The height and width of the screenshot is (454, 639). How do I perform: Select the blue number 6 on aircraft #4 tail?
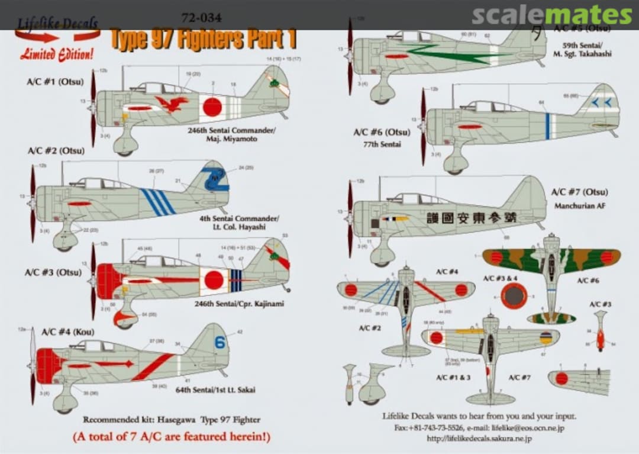coord(220,343)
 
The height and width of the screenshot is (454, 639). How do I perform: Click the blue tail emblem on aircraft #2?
coord(214,179)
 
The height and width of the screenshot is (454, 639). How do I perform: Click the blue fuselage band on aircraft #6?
coord(548,126)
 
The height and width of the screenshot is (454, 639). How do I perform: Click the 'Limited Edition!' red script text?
coord(57,54)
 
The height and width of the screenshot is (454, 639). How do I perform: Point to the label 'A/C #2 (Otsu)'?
coord(54,150)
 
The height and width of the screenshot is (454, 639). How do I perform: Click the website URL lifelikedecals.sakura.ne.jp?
coord(479,439)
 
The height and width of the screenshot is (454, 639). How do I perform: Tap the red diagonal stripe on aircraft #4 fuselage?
coord(153,367)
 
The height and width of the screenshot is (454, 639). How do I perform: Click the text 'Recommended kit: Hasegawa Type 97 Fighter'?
coord(172,420)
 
